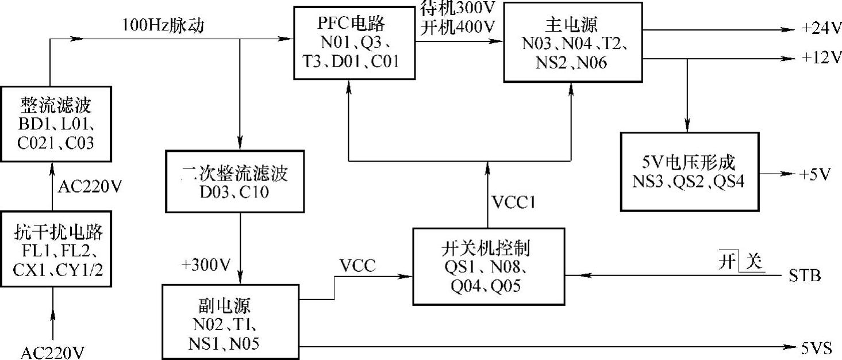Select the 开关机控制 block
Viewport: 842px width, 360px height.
[x=487, y=266]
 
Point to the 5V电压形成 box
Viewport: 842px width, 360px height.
[x=690, y=170]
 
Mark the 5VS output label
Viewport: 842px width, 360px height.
[x=817, y=347]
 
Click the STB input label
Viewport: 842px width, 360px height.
[x=805, y=276]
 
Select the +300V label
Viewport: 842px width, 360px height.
[x=205, y=265]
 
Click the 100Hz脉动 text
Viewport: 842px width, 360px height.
[x=163, y=26]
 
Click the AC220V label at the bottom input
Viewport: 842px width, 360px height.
[x=53, y=352]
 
